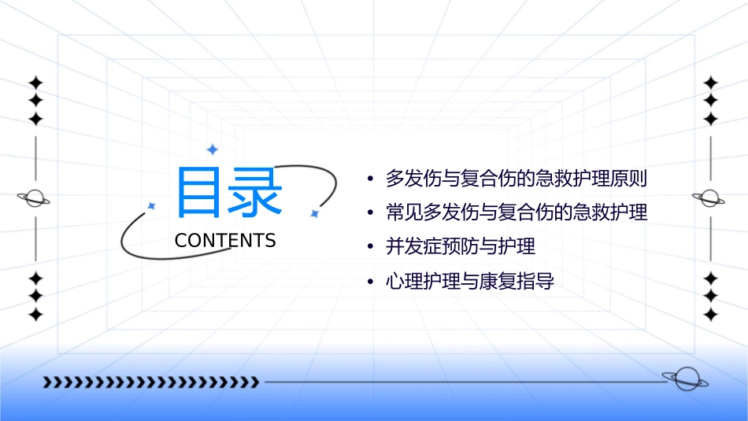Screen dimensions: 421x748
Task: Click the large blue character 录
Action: point(256,192)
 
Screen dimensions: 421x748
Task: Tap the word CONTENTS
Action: point(225,241)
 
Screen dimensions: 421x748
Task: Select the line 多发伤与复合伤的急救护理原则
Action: point(516,179)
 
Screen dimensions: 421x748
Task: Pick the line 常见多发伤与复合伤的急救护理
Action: point(516,212)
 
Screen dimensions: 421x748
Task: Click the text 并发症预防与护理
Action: point(460,246)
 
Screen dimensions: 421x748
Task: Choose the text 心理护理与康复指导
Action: point(469,281)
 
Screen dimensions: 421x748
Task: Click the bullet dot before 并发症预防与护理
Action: point(370,247)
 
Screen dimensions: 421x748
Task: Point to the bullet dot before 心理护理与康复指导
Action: point(370,282)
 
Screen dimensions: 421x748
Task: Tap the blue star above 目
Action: point(211,149)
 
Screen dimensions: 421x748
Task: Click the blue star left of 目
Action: point(152,205)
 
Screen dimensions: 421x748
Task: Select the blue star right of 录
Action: point(313,213)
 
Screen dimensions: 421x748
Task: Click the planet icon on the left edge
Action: point(35,198)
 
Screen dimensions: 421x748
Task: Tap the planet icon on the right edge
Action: point(710,198)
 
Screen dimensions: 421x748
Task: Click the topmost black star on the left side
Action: point(35,83)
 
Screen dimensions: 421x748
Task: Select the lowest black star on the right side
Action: point(711,315)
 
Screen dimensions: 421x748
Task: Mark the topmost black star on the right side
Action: point(711,83)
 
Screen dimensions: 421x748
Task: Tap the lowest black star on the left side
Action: point(35,315)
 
